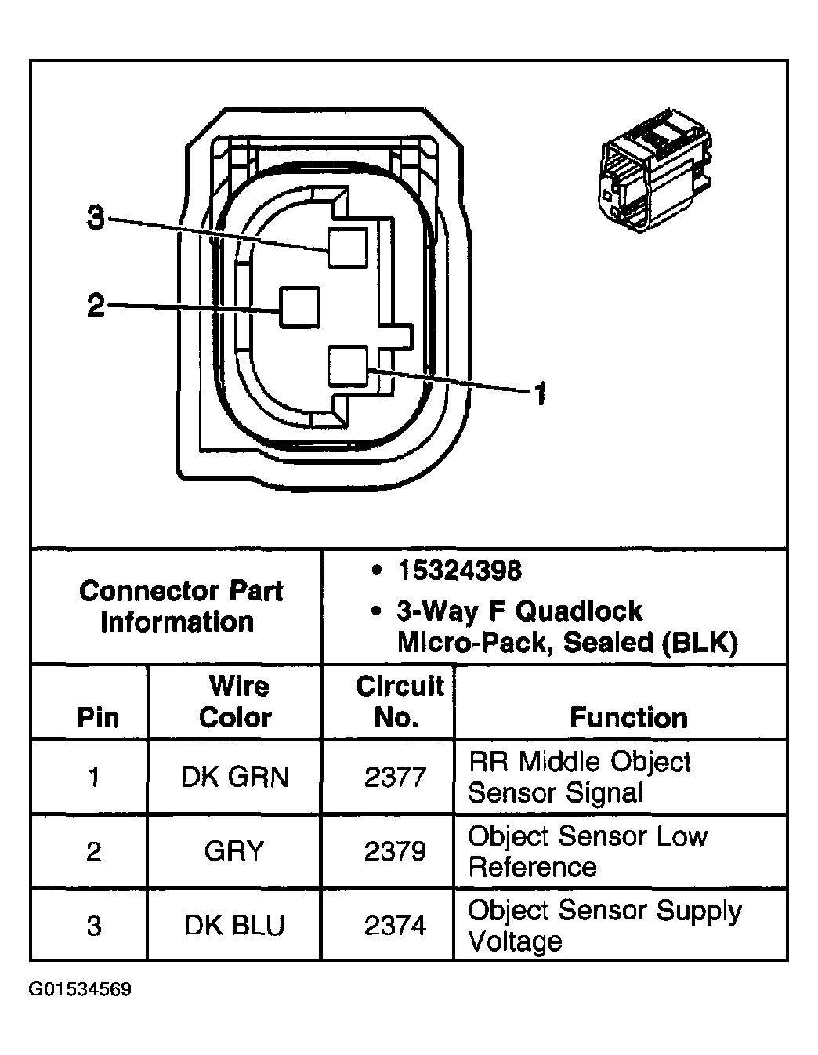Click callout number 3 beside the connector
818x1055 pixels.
[95, 217]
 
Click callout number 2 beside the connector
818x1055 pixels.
[95, 305]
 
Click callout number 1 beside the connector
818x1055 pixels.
[539, 393]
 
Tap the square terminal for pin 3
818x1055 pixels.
[347, 247]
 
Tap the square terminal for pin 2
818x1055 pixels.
[299, 306]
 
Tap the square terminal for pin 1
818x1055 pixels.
[348, 367]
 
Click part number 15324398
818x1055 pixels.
[459, 571]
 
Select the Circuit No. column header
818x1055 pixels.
[400, 702]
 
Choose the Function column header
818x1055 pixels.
[628, 717]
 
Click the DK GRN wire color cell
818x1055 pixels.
[235, 777]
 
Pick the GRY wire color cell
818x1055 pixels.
[234, 850]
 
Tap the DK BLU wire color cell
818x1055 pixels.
[234, 926]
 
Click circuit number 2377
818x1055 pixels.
[395, 777]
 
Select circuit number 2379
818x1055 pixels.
[395, 850]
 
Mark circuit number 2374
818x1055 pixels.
[395, 926]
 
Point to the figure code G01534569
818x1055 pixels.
[81, 989]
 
